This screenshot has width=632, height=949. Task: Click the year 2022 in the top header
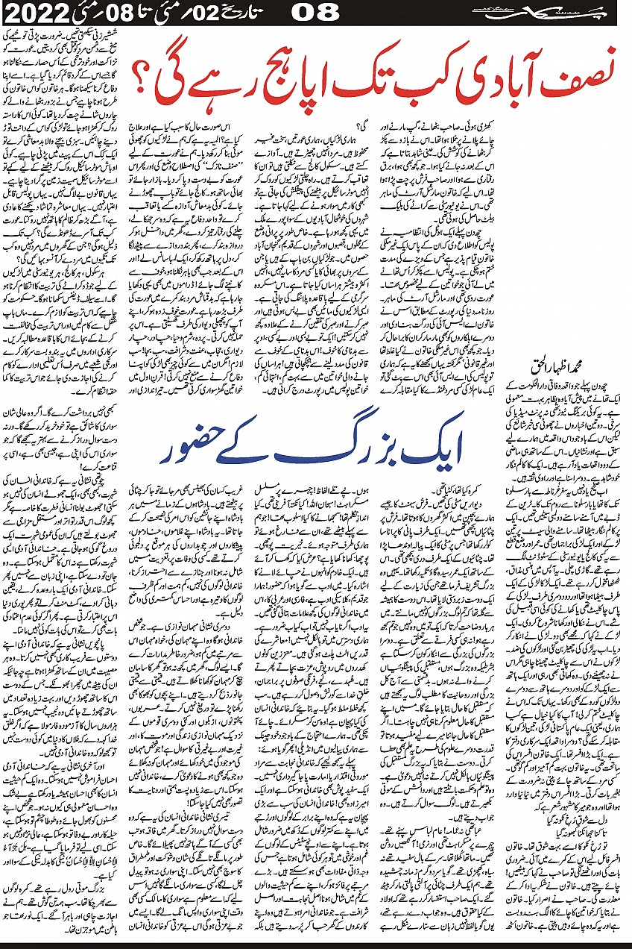pos(33,13)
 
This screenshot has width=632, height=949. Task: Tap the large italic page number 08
pos(314,12)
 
